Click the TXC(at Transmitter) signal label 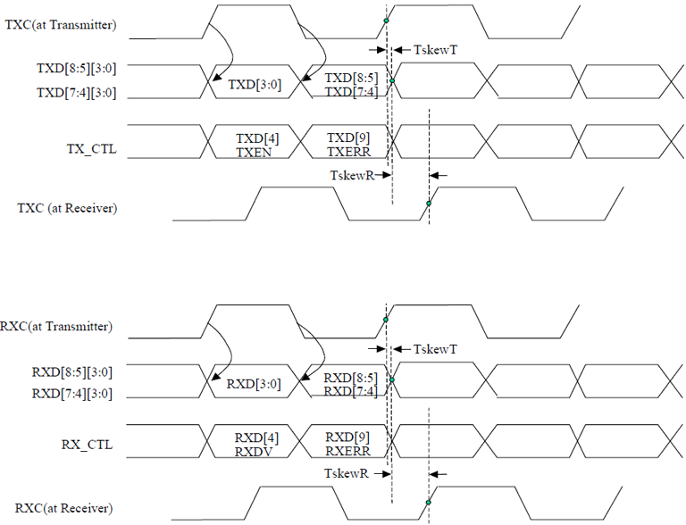pos(61,25)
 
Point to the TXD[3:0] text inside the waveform pos(255,85)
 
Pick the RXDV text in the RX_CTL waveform pos(254,452)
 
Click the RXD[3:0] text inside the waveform pos(254,385)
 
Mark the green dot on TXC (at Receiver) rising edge pos(429,204)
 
